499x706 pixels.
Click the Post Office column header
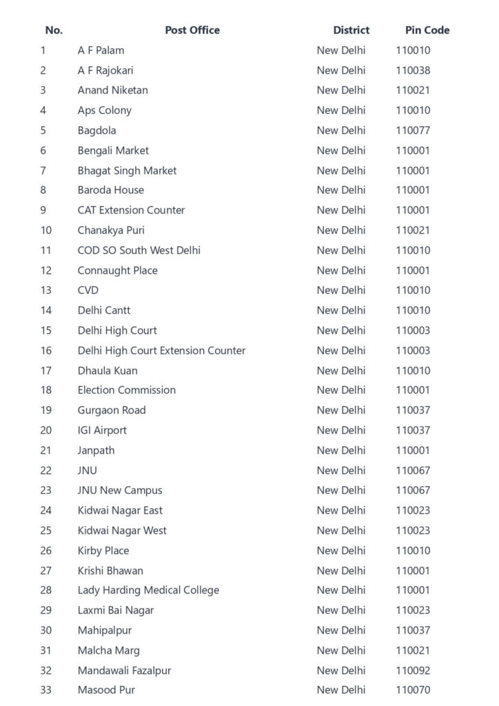(192, 30)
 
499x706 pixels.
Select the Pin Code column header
(427, 30)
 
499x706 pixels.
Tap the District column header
(351, 30)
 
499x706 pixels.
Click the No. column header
(54, 30)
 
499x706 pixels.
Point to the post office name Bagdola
(96, 130)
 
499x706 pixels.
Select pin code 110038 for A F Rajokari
(413, 70)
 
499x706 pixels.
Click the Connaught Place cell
(117, 270)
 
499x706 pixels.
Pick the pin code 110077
(413, 130)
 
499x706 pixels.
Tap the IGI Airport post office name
(102, 430)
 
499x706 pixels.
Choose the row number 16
(46, 350)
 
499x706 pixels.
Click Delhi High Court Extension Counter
(161, 350)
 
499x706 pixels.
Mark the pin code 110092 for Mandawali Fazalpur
(413, 670)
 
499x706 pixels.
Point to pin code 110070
(413, 690)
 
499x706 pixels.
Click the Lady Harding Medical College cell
(148, 590)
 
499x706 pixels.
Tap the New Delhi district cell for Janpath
(341, 450)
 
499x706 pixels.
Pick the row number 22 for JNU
(46, 470)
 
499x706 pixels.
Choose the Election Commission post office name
(126, 390)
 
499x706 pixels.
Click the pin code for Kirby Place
(413, 550)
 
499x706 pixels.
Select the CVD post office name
(88, 290)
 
